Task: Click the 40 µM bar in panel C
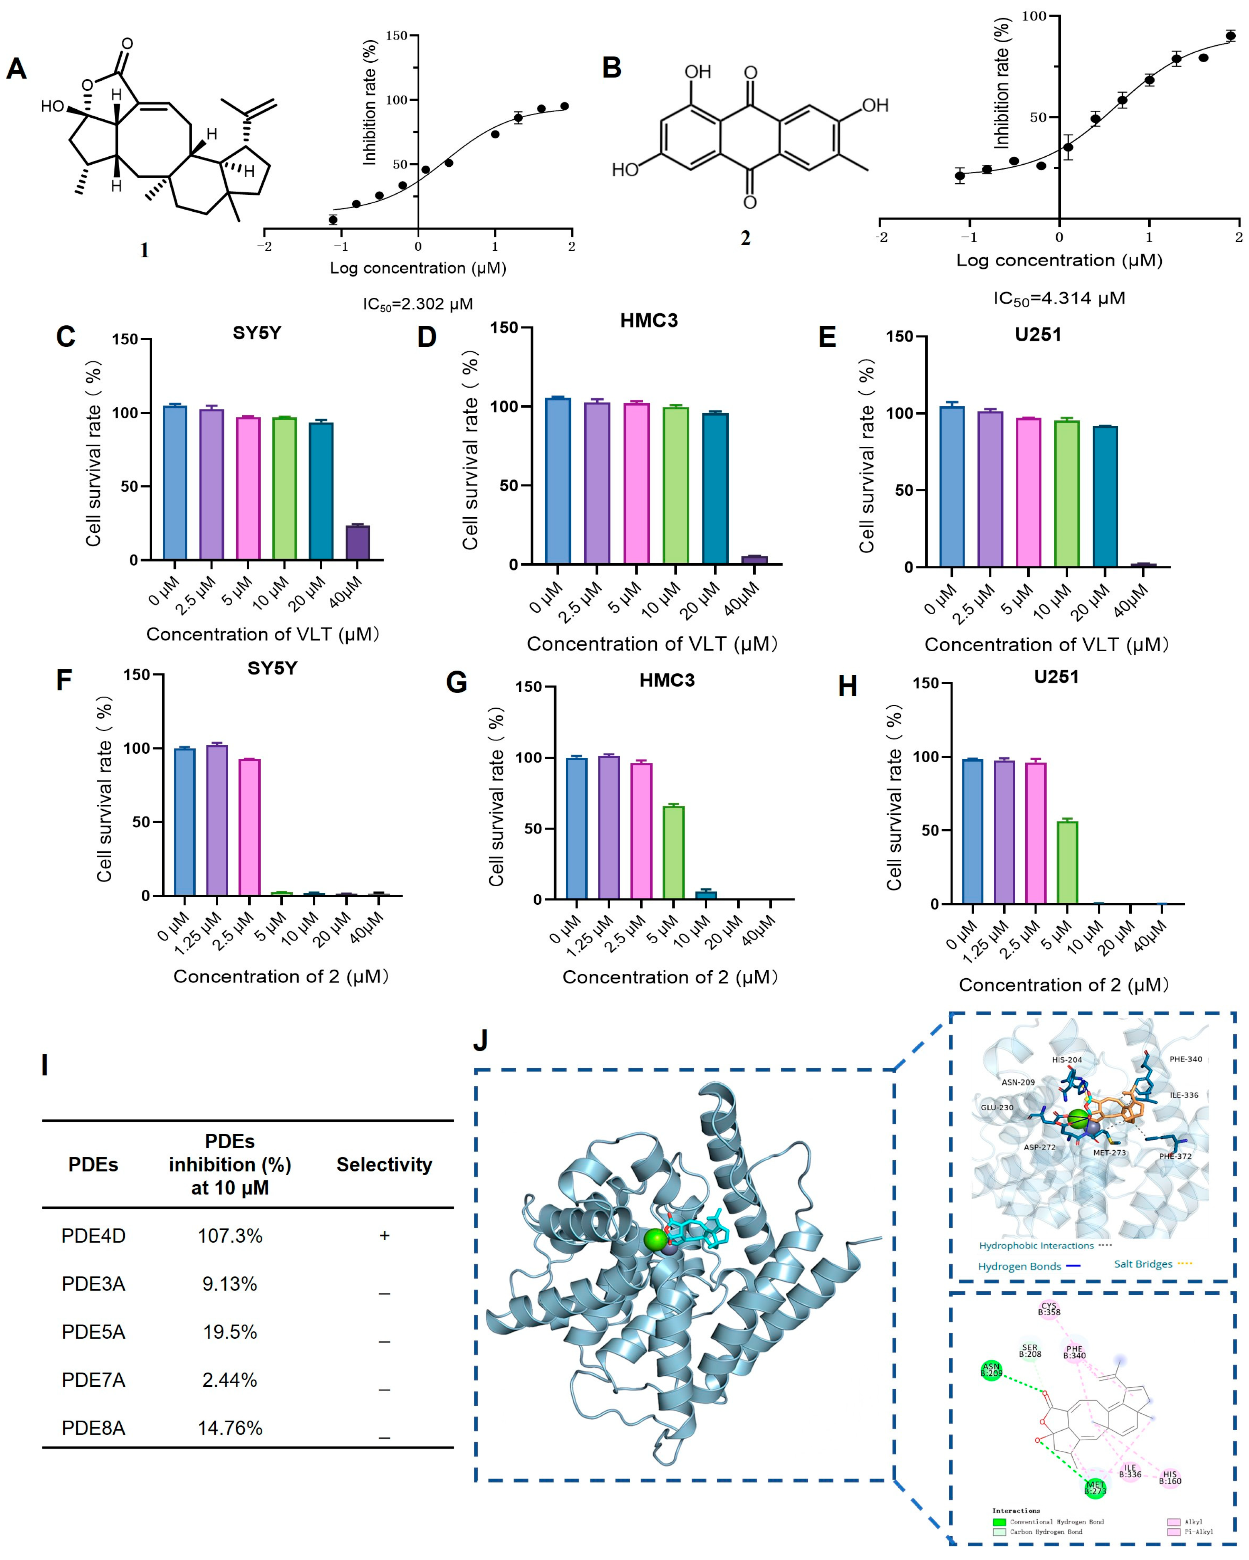(358, 543)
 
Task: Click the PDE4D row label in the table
(93, 1236)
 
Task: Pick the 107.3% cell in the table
(230, 1236)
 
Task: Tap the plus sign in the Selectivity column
(384, 1236)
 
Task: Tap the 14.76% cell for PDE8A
(230, 1428)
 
